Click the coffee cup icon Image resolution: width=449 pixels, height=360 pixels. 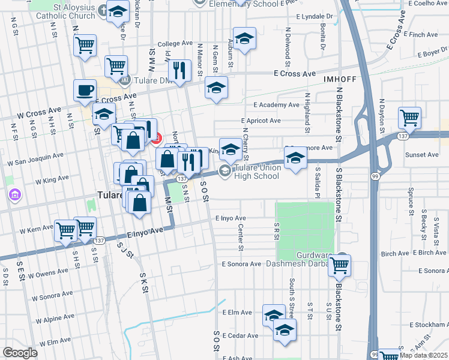click(x=85, y=91)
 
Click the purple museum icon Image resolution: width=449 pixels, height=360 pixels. click(x=14, y=195)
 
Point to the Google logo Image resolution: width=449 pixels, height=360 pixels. click(x=20, y=353)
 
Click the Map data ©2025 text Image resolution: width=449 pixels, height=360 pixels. click(x=423, y=355)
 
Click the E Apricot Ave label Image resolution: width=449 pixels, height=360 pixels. click(x=259, y=121)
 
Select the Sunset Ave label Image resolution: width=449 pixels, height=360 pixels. click(x=422, y=155)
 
